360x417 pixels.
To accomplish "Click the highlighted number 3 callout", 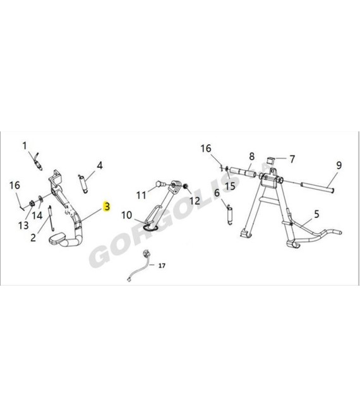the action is click(x=107, y=206).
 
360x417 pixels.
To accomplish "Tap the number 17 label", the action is click(x=162, y=265).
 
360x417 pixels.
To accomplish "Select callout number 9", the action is click(x=339, y=166).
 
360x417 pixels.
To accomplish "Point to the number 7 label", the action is click(x=292, y=159).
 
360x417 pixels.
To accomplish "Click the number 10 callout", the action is click(x=126, y=215).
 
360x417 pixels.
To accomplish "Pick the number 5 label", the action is click(x=316, y=214).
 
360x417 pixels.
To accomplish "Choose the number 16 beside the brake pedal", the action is click(x=15, y=185).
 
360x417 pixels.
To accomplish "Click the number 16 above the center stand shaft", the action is click(x=206, y=148).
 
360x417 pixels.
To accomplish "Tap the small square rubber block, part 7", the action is click(x=271, y=160).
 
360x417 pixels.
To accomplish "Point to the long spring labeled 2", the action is click(x=51, y=219).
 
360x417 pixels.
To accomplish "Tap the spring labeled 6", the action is click(x=230, y=214).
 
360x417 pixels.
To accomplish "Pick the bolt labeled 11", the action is click(x=161, y=183).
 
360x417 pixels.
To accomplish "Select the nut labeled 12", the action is click(x=185, y=185).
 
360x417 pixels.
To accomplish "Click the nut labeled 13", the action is click(x=31, y=203).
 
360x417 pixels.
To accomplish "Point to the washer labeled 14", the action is click(x=40, y=198).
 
